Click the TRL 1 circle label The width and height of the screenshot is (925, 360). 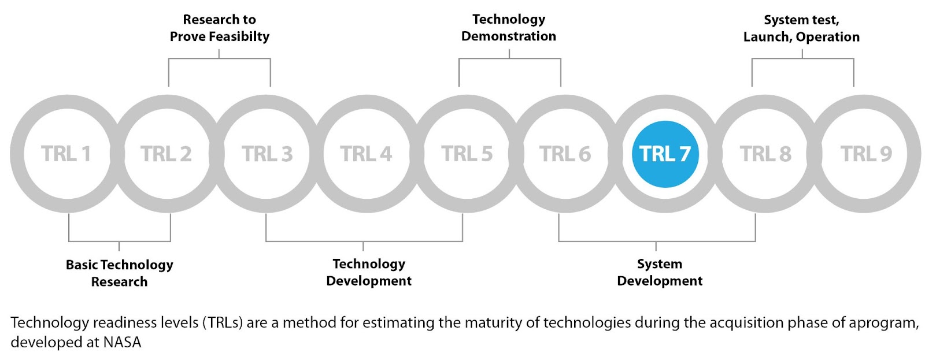click(x=66, y=154)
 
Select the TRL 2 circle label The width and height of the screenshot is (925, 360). click(x=166, y=154)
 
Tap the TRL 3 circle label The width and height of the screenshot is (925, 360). click(x=267, y=154)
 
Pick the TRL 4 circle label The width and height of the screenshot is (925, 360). click(x=366, y=154)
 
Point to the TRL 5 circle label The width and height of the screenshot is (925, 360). click(x=467, y=154)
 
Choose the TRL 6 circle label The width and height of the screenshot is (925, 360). click(x=565, y=154)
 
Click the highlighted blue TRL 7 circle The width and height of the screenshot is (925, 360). click(x=665, y=154)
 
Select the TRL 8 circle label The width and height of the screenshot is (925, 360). click(x=765, y=154)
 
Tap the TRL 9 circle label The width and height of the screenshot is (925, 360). click(x=866, y=154)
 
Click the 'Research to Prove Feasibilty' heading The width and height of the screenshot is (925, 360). click(x=219, y=28)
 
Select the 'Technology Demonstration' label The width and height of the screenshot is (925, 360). click(x=509, y=27)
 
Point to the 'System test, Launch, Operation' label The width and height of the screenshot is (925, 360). click(x=801, y=28)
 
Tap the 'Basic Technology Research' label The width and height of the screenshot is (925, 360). click(x=119, y=273)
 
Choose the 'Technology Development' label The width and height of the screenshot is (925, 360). click(x=369, y=272)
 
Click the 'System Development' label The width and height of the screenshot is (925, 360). click(x=660, y=272)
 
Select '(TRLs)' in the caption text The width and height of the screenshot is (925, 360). click(x=223, y=322)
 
